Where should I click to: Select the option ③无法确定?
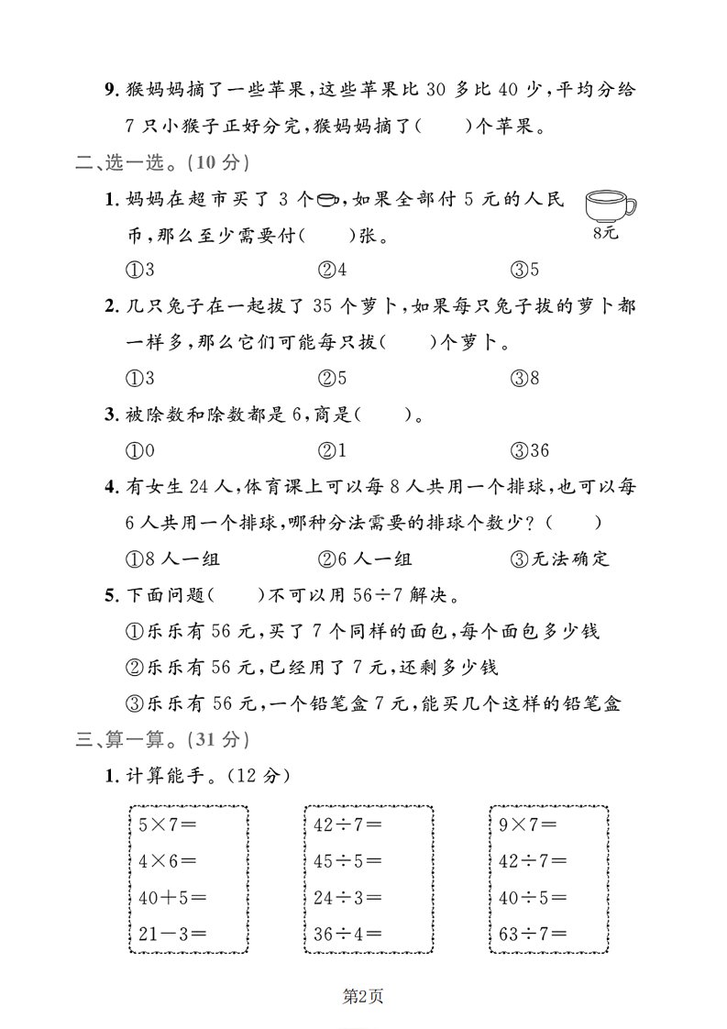(x=561, y=559)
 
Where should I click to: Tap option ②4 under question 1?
(x=331, y=271)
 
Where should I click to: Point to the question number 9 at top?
(x=111, y=90)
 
